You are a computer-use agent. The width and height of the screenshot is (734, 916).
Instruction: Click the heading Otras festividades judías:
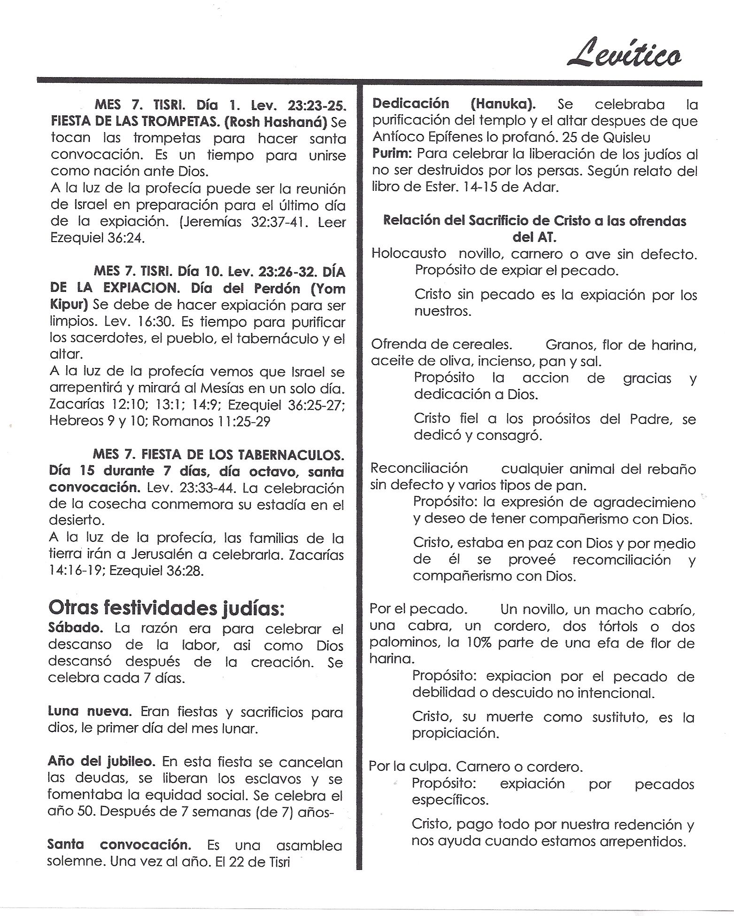[166, 608]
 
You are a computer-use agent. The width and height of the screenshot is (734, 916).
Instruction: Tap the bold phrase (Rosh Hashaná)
[276, 122]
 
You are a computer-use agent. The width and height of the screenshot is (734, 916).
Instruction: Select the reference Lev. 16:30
[139, 322]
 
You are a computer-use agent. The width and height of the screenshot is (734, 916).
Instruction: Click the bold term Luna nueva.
[90, 712]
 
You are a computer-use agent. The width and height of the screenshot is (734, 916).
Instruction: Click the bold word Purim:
[392, 154]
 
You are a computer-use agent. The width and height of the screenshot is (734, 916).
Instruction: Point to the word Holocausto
[409, 254]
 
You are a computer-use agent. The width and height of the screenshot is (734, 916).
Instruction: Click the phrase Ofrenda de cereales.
[441, 344]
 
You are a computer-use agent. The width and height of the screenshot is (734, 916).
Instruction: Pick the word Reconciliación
[419, 469]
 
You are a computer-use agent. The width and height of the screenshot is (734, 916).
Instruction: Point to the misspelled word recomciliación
[621, 560]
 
